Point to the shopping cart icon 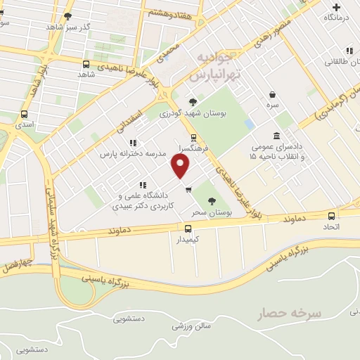tap(188, 188)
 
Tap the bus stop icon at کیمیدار tap(187, 229)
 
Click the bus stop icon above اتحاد tap(333, 215)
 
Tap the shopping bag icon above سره tap(272, 94)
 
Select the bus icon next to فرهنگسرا tap(193, 138)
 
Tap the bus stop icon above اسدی tap(25, 113)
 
